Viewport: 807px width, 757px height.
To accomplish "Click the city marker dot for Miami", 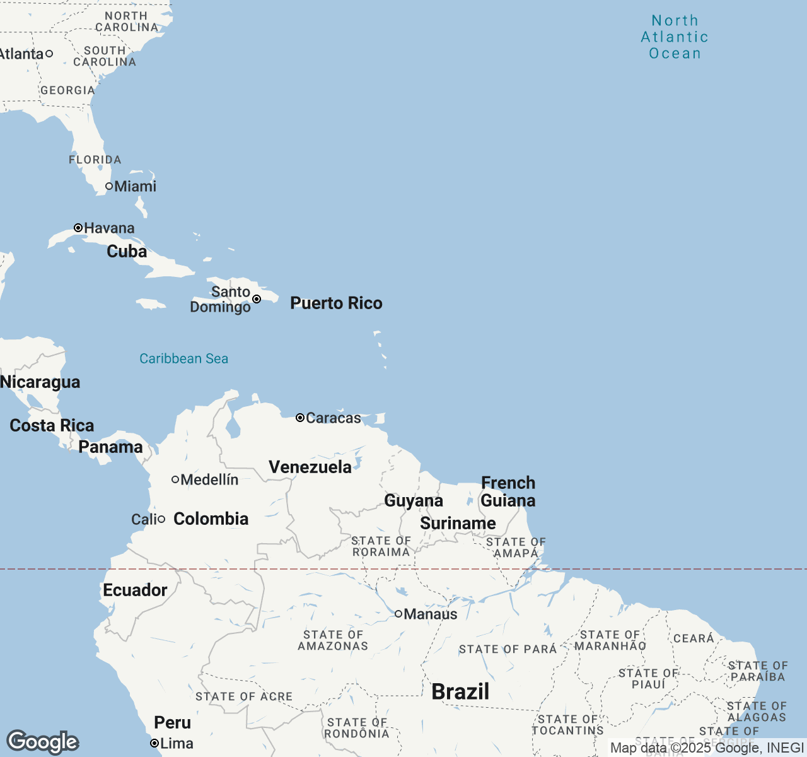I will click(x=109, y=186).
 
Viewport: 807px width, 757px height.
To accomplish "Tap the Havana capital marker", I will click(x=78, y=228).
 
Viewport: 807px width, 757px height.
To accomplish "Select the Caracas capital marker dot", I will click(x=300, y=418).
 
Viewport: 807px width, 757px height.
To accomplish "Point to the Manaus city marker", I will click(x=398, y=614).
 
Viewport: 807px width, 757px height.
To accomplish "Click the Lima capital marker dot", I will click(x=154, y=744).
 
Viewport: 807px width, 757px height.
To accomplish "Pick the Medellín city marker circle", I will click(x=175, y=479).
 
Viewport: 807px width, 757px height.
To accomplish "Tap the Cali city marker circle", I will click(x=161, y=519).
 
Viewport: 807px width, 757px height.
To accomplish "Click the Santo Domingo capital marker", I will click(x=257, y=299).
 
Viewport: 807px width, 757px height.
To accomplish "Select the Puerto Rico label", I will click(x=336, y=303).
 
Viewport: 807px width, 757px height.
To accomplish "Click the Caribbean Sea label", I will click(x=183, y=358).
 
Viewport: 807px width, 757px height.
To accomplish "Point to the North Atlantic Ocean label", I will click(x=675, y=37).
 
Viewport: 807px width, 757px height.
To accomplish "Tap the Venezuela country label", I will click(x=310, y=467).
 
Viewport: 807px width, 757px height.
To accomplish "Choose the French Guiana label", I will click(x=508, y=491).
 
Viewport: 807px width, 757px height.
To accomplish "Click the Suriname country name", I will click(x=458, y=524).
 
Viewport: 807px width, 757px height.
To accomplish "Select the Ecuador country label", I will click(x=135, y=590).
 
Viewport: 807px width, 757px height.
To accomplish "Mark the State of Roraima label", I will click(x=381, y=546).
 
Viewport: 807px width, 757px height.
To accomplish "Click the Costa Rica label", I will click(x=52, y=426).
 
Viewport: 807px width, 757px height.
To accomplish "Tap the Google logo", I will click(x=42, y=742).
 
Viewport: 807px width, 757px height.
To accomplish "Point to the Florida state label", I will click(x=95, y=160).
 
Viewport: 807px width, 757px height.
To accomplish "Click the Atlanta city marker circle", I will click(x=49, y=54).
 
